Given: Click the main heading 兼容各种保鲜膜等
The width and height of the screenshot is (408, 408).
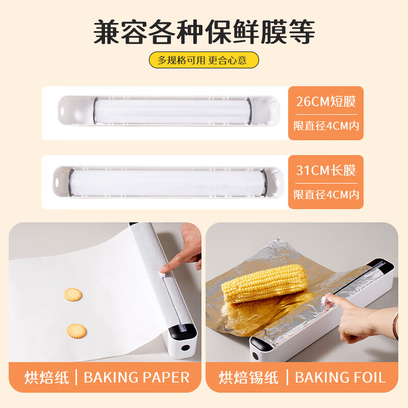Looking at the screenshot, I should tap(204, 32).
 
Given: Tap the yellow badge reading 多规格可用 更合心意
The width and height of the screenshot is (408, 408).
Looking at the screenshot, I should tap(203, 60).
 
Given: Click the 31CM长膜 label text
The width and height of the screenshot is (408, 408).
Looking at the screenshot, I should tap(326, 170).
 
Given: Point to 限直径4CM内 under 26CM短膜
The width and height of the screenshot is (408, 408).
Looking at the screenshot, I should tap(326, 125).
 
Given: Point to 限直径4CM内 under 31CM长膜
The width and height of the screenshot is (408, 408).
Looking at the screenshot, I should tap(326, 194).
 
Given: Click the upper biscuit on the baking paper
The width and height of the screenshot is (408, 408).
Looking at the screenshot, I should tap(73, 294).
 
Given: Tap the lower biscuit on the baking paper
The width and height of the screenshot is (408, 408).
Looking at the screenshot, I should tap(76, 330).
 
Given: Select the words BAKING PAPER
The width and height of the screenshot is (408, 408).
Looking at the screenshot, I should tap(136, 378).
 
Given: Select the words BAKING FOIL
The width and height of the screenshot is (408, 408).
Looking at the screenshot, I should tap(340, 378).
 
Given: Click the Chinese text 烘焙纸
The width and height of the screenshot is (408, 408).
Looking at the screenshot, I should tap(46, 378).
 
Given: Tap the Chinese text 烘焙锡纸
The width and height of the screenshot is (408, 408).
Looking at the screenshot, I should tap(249, 378).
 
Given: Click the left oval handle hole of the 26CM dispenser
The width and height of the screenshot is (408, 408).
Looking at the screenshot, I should tap(63, 109).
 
